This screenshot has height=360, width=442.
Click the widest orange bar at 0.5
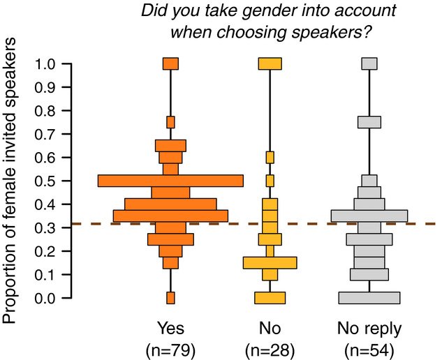170,181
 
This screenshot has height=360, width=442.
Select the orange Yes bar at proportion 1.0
170,63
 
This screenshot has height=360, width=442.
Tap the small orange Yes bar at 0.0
170,298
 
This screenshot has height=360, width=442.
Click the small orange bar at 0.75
170,122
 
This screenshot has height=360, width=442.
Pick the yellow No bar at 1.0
270,63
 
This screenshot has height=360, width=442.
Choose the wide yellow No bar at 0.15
270,262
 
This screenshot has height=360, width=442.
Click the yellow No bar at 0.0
270,298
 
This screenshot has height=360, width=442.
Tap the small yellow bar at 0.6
270,157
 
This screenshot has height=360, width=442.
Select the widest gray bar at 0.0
369,298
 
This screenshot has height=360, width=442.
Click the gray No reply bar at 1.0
369,63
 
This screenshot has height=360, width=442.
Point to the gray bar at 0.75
369,122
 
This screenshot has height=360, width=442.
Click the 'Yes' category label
170,328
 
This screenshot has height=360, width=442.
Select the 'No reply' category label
369,328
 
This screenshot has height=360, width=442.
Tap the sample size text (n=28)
270,348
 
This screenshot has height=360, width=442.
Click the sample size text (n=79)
170,348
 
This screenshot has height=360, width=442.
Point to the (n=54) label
369,348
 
